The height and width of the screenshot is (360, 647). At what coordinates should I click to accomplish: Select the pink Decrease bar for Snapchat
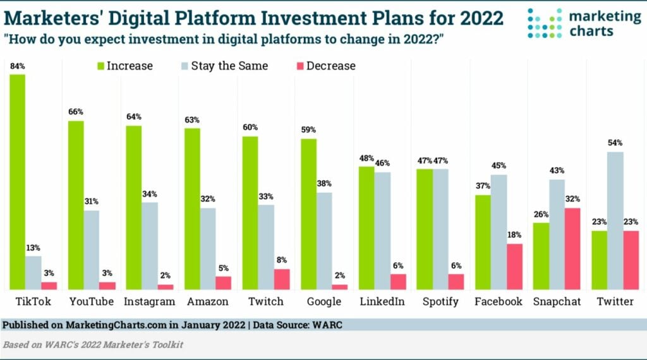572,249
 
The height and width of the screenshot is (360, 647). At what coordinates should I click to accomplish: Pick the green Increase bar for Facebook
483,242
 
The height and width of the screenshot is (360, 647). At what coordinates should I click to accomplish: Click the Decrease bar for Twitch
282,279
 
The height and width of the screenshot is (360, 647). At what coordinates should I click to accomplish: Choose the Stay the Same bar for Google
323,241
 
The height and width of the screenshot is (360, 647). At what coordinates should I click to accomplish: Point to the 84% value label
17,66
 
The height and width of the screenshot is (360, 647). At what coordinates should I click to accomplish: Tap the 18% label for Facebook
515,235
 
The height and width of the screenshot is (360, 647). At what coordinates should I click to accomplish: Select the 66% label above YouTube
76,112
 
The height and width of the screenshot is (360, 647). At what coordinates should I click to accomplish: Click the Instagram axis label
150,301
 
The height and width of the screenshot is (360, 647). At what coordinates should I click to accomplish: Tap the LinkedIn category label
382,301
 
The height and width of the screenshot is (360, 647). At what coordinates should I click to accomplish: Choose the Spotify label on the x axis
440,301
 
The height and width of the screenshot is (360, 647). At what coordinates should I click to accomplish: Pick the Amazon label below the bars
208,301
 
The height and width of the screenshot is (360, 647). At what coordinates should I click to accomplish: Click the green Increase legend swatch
99,66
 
